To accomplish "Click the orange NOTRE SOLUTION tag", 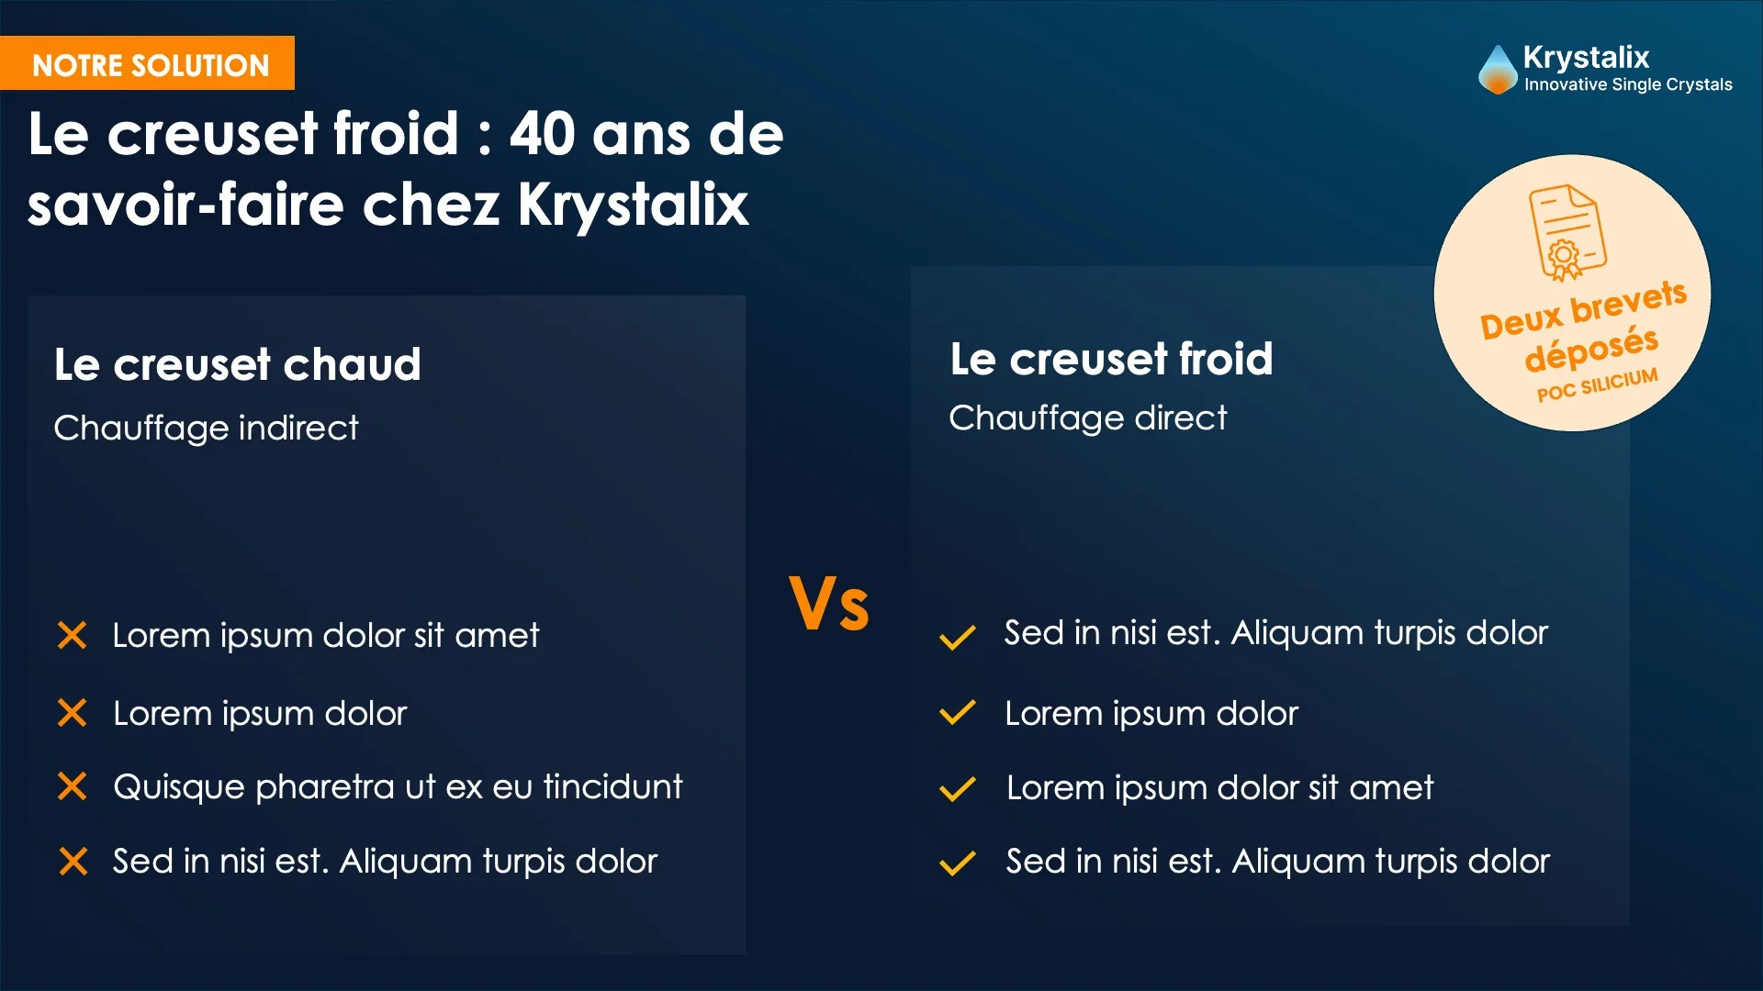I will [x=150, y=64].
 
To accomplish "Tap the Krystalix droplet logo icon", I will [x=1497, y=70].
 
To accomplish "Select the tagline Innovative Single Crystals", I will [x=1628, y=84].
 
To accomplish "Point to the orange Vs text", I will [x=828, y=604].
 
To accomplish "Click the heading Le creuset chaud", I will [x=237, y=364].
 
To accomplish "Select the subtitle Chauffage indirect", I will [x=206, y=428].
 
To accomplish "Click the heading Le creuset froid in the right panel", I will [x=1111, y=359].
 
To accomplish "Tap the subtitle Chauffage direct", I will [x=1087, y=418].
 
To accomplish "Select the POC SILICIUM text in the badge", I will [x=1598, y=385].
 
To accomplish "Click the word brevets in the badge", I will [x=1629, y=304].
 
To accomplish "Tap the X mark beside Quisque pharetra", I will [x=72, y=786].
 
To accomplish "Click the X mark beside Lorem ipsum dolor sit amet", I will [x=72, y=635].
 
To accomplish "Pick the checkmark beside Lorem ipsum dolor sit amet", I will [x=957, y=789].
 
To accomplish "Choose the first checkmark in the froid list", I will [x=957, y=637].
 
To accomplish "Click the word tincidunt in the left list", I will [x=612, y=787].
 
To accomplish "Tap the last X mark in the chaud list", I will [x=73, y=862].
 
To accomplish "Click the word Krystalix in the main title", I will [x=633, y=204].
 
